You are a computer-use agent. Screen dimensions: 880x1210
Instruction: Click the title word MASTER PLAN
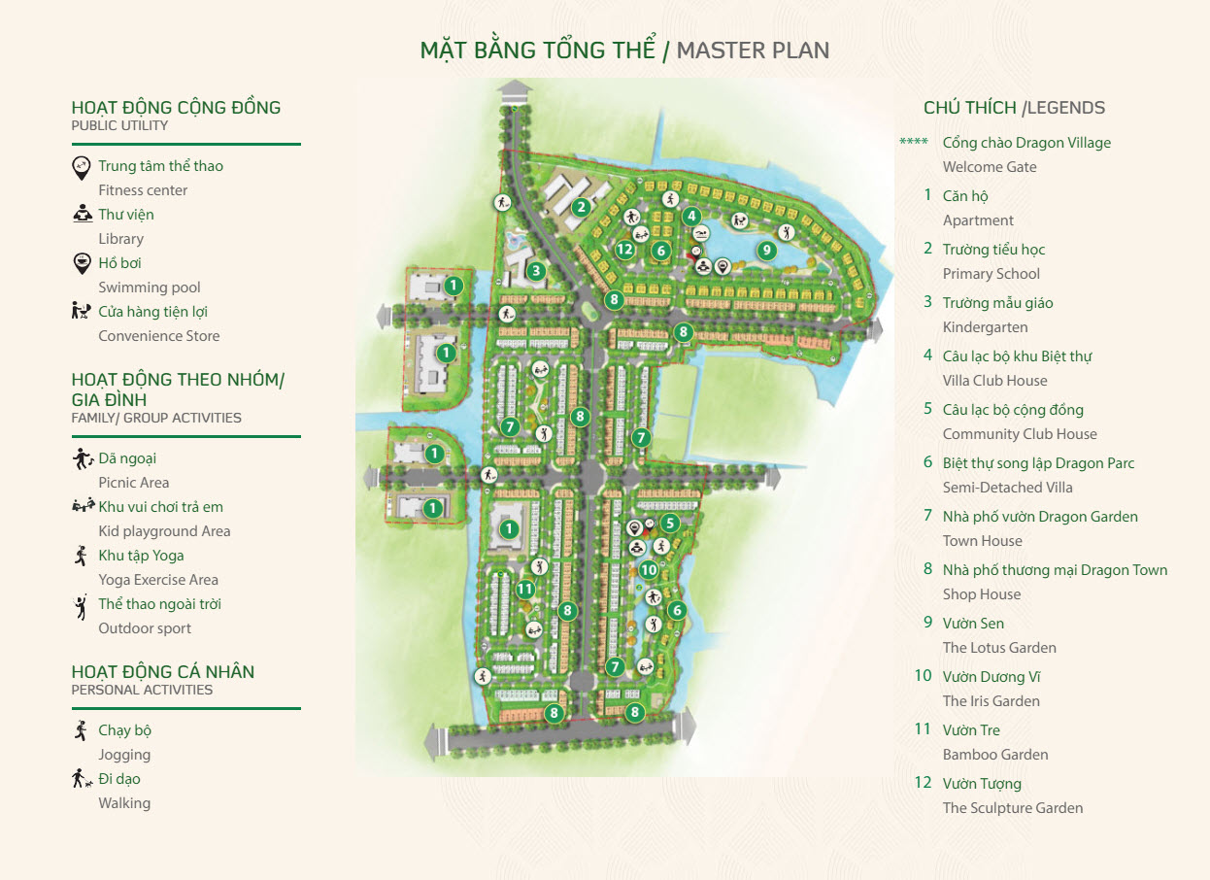(753, 51)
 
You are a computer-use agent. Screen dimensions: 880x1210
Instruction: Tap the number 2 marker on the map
(581, 206)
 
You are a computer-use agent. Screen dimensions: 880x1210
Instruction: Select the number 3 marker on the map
(535, 271)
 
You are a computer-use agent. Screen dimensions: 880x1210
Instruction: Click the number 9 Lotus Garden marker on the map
(766, 250)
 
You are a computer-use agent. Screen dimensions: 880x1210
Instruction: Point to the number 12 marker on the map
(624, 250)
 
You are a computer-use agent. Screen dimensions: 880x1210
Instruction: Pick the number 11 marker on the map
(525, 589)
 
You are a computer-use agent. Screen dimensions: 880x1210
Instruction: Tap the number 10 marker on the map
(649, 569)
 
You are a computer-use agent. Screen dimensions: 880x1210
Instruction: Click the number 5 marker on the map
(669, 524)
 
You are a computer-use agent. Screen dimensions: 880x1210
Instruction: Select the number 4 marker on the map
(691, 216)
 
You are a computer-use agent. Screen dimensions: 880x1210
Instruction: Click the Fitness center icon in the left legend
(83, 167)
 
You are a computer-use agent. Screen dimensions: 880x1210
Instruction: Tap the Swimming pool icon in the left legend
(83, 263)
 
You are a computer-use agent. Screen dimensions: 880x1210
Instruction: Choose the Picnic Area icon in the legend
(83, 458)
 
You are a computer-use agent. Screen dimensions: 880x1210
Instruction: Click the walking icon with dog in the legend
(83, 779)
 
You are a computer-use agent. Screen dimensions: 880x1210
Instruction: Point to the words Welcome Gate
(990, 167)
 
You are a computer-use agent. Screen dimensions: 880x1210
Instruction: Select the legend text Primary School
(991, 274)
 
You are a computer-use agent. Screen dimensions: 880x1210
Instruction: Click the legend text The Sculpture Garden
(1012, 808)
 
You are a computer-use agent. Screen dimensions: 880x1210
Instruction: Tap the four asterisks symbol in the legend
(913, 143)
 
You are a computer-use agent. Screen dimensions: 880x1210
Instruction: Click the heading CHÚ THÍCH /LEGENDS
(1014, 108)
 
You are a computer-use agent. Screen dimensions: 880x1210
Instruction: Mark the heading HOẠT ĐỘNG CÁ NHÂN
(163, 672)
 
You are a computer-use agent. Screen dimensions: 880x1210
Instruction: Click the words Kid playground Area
(164, 531)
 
